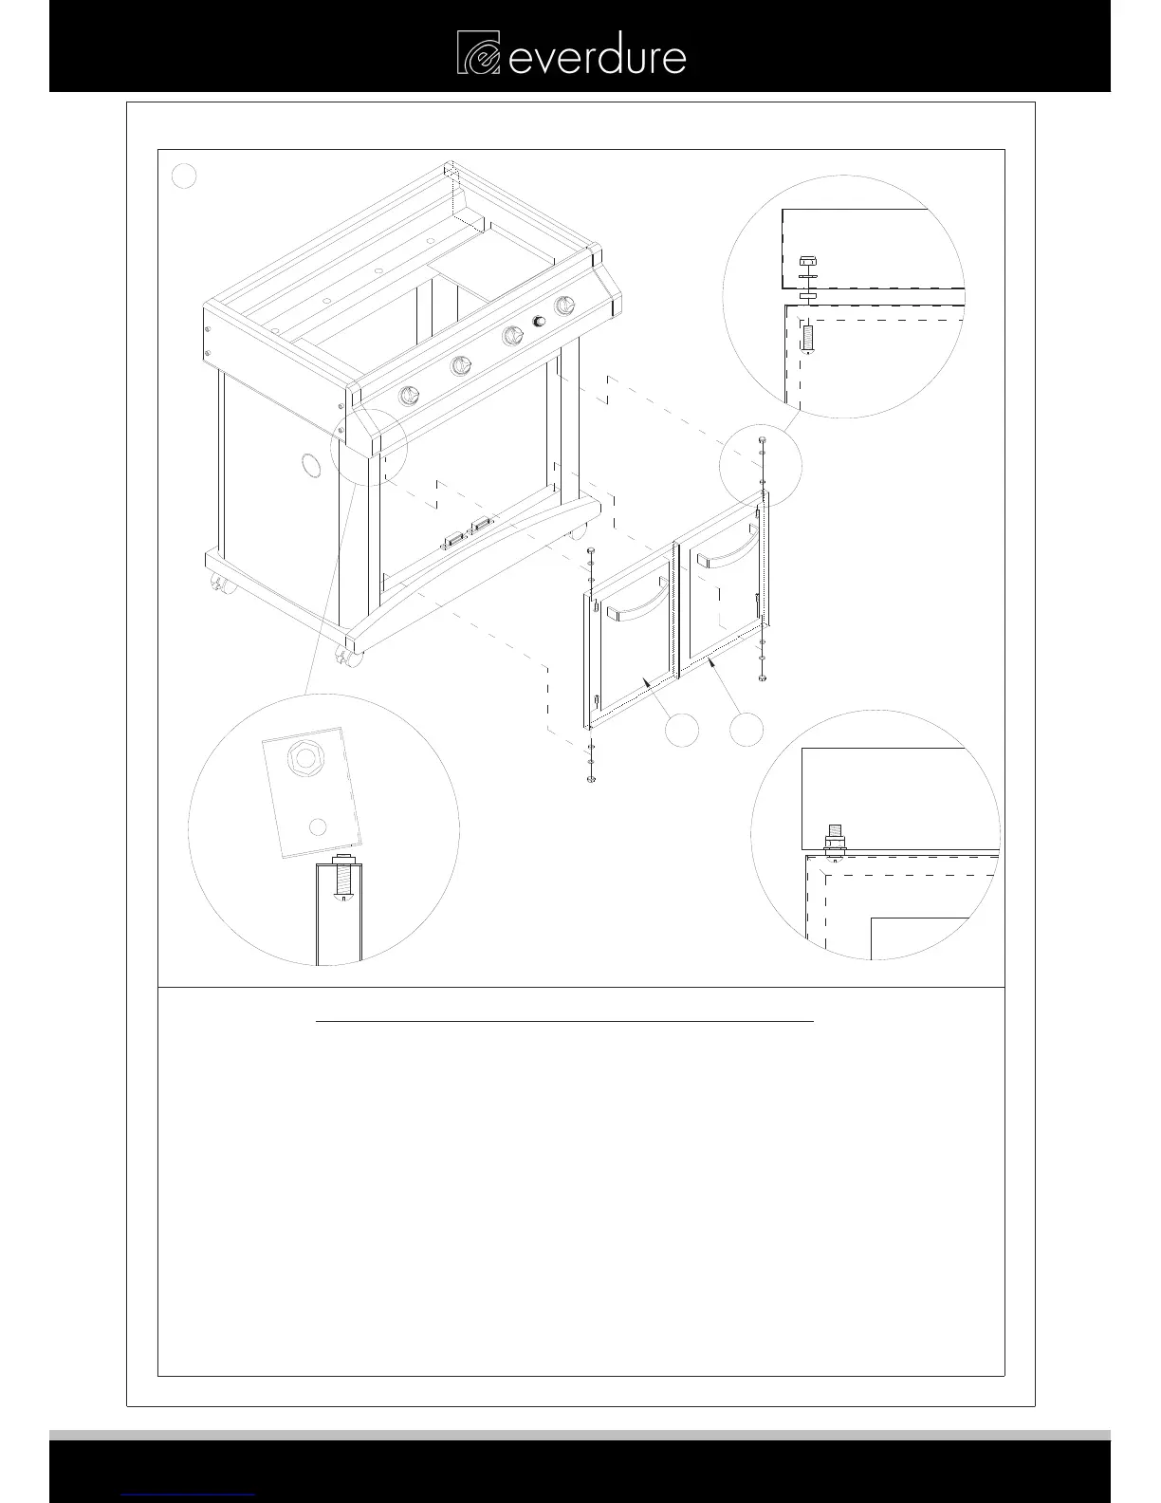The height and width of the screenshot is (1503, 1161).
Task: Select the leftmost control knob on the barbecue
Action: coord(411,396)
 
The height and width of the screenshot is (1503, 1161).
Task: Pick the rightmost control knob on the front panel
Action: coord(565,306)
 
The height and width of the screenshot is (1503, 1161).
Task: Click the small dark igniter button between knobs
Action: coord(540,323)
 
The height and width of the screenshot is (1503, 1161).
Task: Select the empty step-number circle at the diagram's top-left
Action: coord(185,176)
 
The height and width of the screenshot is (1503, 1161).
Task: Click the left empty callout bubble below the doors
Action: coord(681,728)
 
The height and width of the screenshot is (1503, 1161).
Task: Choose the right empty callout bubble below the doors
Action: coord(746,728)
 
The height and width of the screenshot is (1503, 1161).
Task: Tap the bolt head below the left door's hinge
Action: coord(590,778)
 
